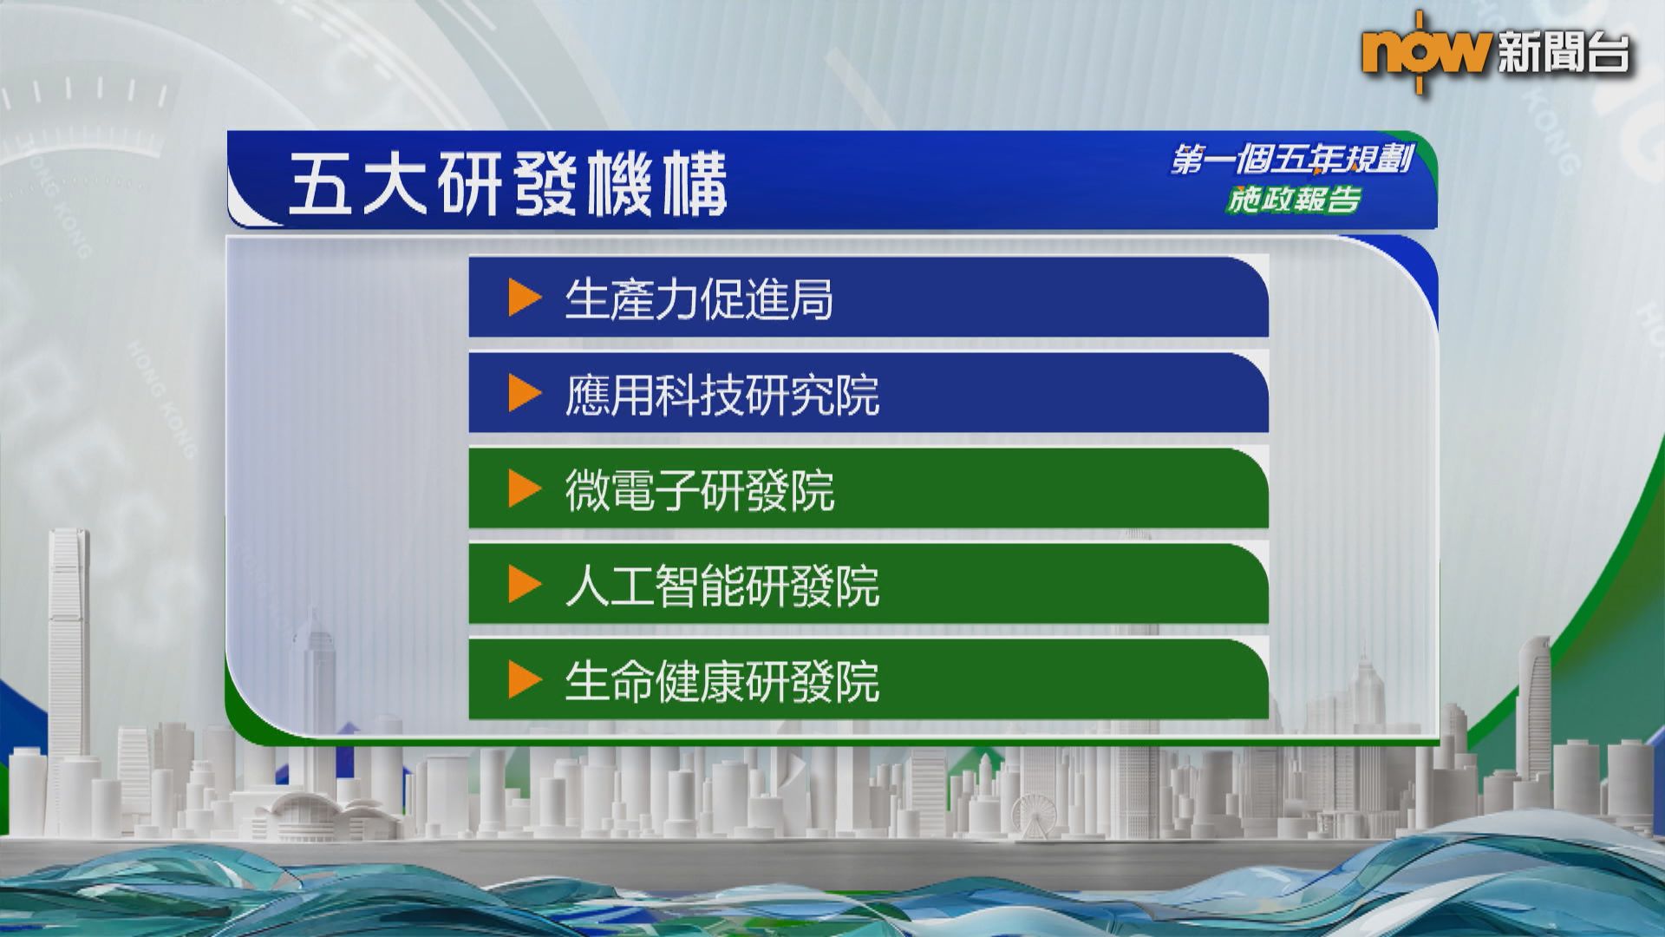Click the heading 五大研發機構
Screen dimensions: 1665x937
(x=507, y=185)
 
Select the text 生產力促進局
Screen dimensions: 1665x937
(x=699, y=300)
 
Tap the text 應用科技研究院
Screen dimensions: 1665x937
(x=722, y=396)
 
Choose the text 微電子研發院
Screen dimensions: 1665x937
(x=700, y=491)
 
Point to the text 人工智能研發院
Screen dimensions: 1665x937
(x=722, y=586)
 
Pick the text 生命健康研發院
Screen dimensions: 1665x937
(x=722, y=682)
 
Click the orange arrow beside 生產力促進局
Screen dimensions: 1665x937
(x=525, y=298)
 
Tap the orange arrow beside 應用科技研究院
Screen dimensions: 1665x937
(x=525, y=394)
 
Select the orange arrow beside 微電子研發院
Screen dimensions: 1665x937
(x=525, y=489)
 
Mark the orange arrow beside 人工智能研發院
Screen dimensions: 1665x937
(x=525, y=585)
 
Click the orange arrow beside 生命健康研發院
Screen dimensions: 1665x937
(x=525, y=680)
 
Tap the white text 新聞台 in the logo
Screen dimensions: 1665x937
(x=1564, y=53)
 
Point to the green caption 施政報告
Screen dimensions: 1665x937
(x=1293, y=200)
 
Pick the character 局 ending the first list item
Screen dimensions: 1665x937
(x=812, y=300)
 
